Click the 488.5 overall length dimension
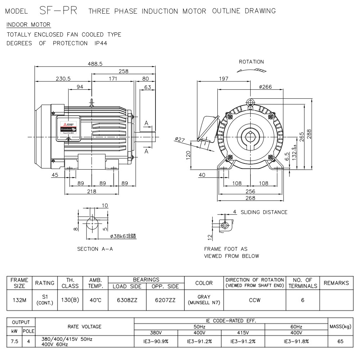[x=95, y=64]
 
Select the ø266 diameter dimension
[x=265, y=87]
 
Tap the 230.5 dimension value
[x=63, y=79]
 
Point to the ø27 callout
[x=180, y=139]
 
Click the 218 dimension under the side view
[x=92, y=192]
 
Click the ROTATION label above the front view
[x=251, y=62]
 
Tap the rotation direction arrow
[x=251, y=71]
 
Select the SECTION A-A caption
[x=95, y=249]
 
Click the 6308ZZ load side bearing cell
[x=127, y=300]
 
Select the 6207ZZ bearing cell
[x=165, y=300]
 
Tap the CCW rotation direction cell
[x=255, y=300]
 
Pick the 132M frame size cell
[x=19, y=300]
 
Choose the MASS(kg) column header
[x=340, y=327]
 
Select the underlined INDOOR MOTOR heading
[x=29, y=24]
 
